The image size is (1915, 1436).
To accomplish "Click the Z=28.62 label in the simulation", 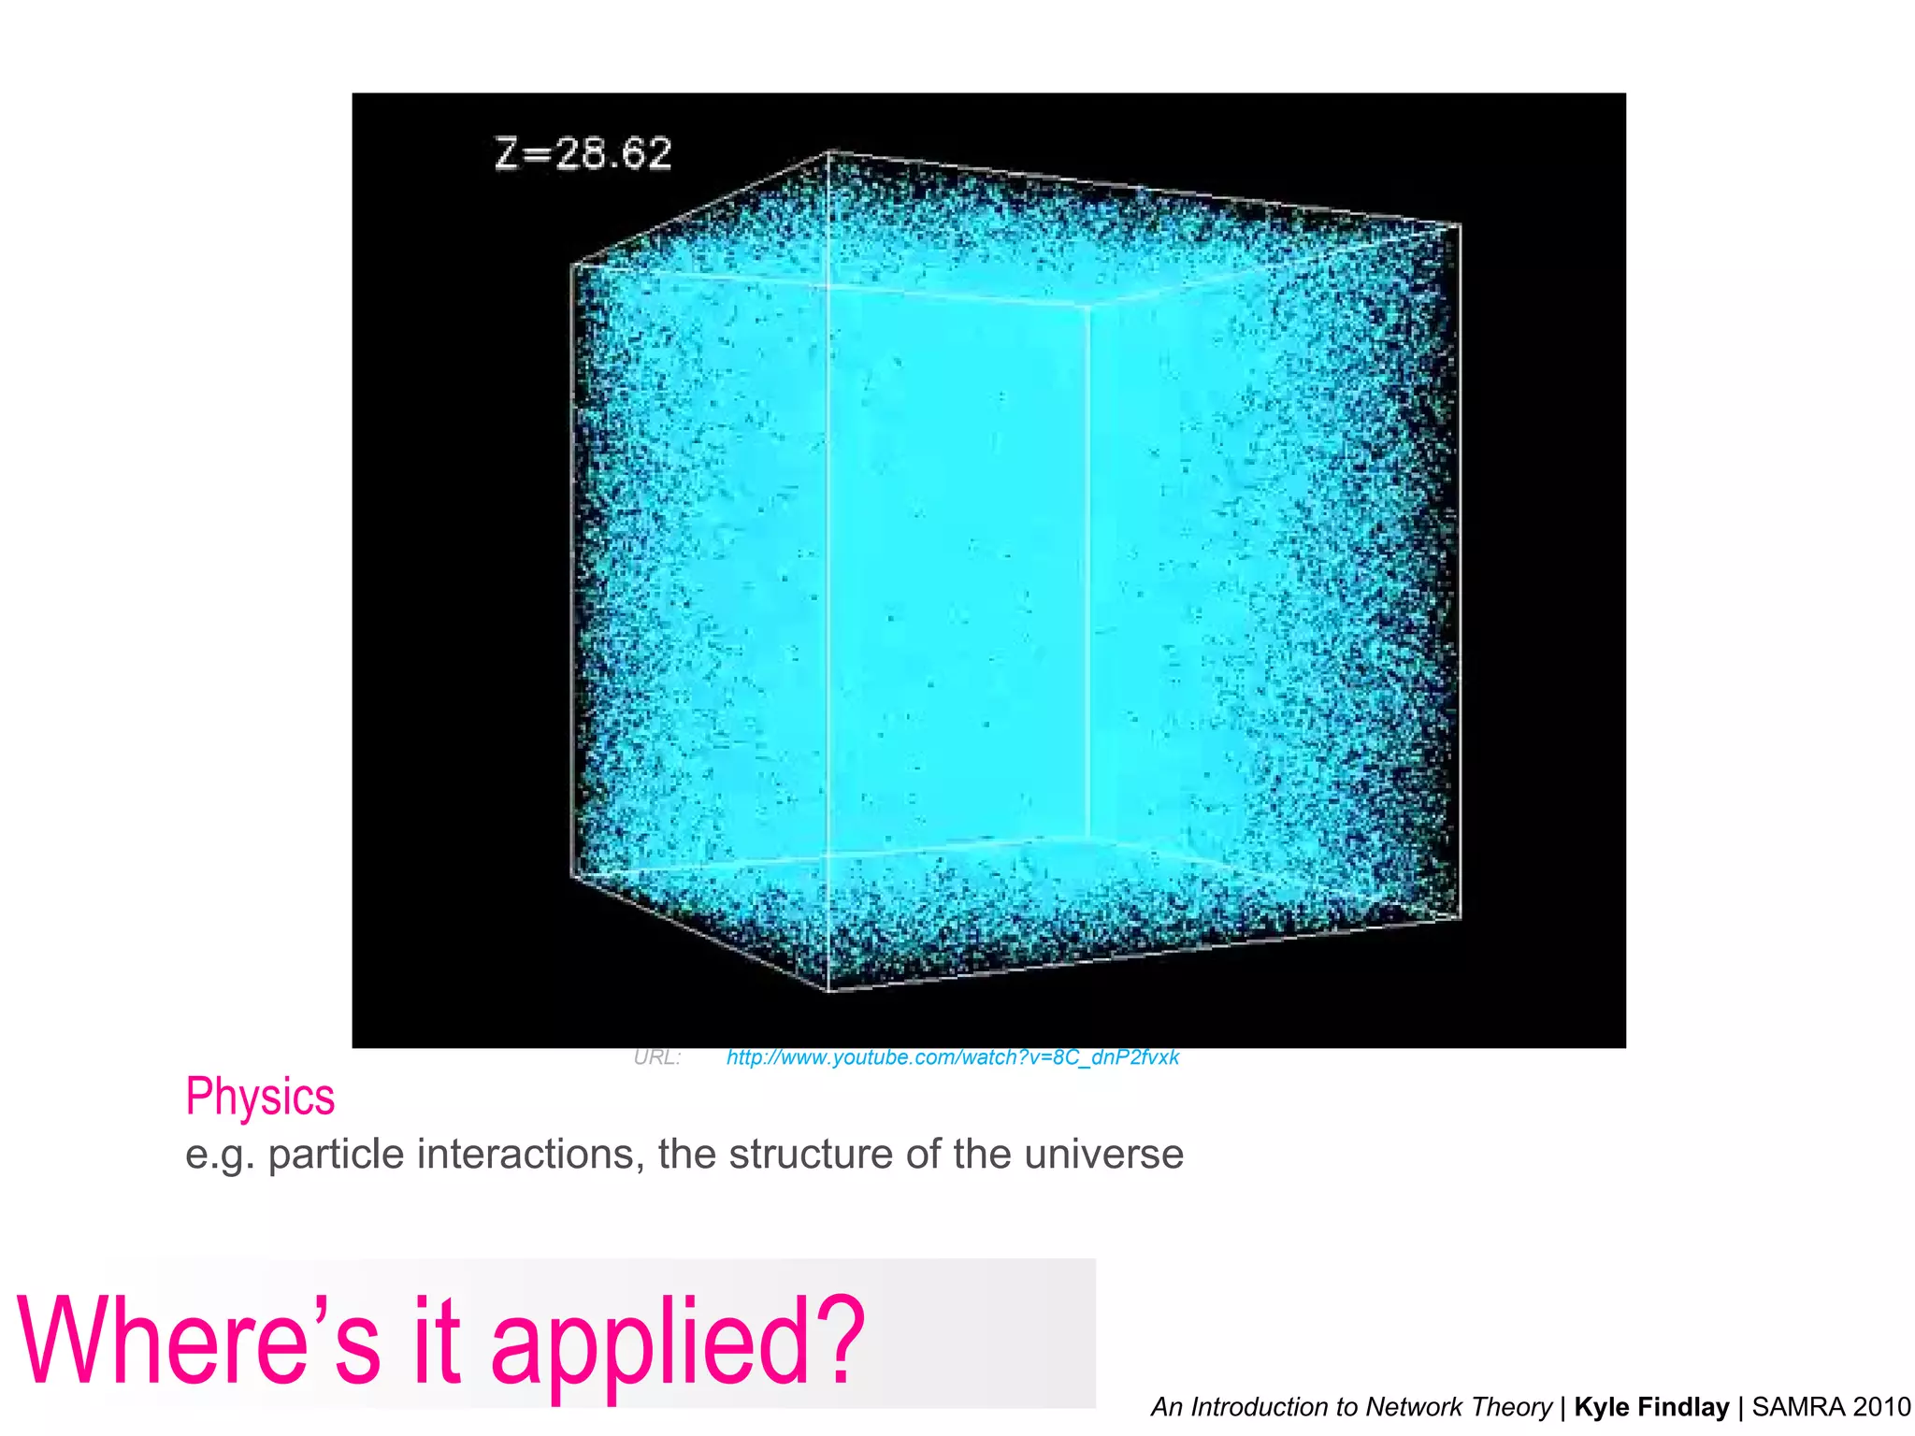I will [x=583, y=154].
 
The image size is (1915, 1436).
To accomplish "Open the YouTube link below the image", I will [x=952, y=1057].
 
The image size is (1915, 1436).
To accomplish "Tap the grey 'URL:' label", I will [x=656, y=1057].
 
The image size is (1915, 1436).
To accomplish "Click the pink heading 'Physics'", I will [x=260, y=1097].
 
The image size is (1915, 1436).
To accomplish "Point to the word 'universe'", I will [x=1103, y=1155].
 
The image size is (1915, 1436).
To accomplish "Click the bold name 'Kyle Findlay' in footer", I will [x=1651, y=1407].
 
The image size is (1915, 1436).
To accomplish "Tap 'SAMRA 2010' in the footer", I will [x=1831, y=1407].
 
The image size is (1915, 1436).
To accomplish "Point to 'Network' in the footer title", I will [x=1413, y=1407].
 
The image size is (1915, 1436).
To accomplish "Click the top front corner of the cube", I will [x=829, y=152].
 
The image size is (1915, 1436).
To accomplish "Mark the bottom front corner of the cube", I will [x=829, y=989].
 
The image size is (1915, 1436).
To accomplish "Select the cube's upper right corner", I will [x=1460, y=225].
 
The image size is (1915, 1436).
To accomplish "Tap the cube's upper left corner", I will [x=572, y=266].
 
